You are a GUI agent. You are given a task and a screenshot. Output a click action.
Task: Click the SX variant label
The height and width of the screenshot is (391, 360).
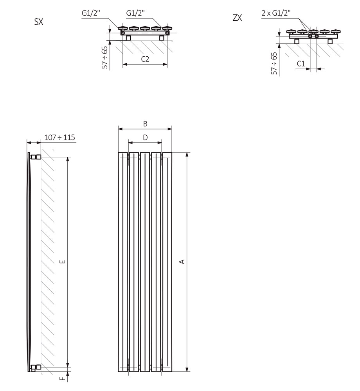[x=39, y=22]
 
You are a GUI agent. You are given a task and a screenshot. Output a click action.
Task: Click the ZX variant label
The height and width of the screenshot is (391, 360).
[x=237, y=18]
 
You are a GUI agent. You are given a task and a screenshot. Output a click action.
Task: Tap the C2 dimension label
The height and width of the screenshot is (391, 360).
[x=145, y=59]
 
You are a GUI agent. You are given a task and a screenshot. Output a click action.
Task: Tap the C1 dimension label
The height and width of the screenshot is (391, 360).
[x=301, y=64]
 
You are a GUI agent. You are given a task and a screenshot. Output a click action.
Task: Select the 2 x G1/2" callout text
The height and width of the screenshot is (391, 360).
[x=276, y=13]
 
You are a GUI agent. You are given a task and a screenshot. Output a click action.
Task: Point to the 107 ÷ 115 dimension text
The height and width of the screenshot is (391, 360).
[x=59, y=137]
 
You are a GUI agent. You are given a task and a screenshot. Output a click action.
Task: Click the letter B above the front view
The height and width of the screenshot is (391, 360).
[x=145, y=124]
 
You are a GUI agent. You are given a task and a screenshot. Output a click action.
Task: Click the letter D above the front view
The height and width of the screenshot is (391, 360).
[x=145, y=137]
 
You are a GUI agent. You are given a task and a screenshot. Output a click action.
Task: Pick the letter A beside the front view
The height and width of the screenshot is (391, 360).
[x=182, y=262]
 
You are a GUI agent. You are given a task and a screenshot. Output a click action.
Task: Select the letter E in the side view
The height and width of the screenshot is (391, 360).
[x=63, y=262]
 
